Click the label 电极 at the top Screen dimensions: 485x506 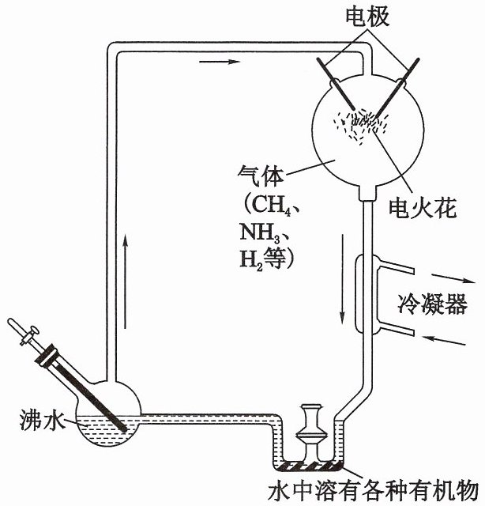click(367, 16)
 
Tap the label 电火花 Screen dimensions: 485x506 click(423, 208)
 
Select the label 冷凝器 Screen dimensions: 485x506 click(432, 304)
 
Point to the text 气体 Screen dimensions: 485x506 click(261, 176)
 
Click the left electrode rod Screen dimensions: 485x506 click(336, 85)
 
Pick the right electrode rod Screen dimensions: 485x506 click(397, 88)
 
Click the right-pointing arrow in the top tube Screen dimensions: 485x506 click(220, 62)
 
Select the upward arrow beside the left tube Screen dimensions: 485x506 click(126, 283)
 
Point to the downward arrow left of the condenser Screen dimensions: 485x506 click(343, 278)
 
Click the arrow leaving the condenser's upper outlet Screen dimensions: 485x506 click(453, 279)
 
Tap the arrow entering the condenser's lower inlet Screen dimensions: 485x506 click(445, 341)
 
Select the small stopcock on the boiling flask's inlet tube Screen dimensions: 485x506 click(28, 335)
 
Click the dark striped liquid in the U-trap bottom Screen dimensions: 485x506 click(309, 466)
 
